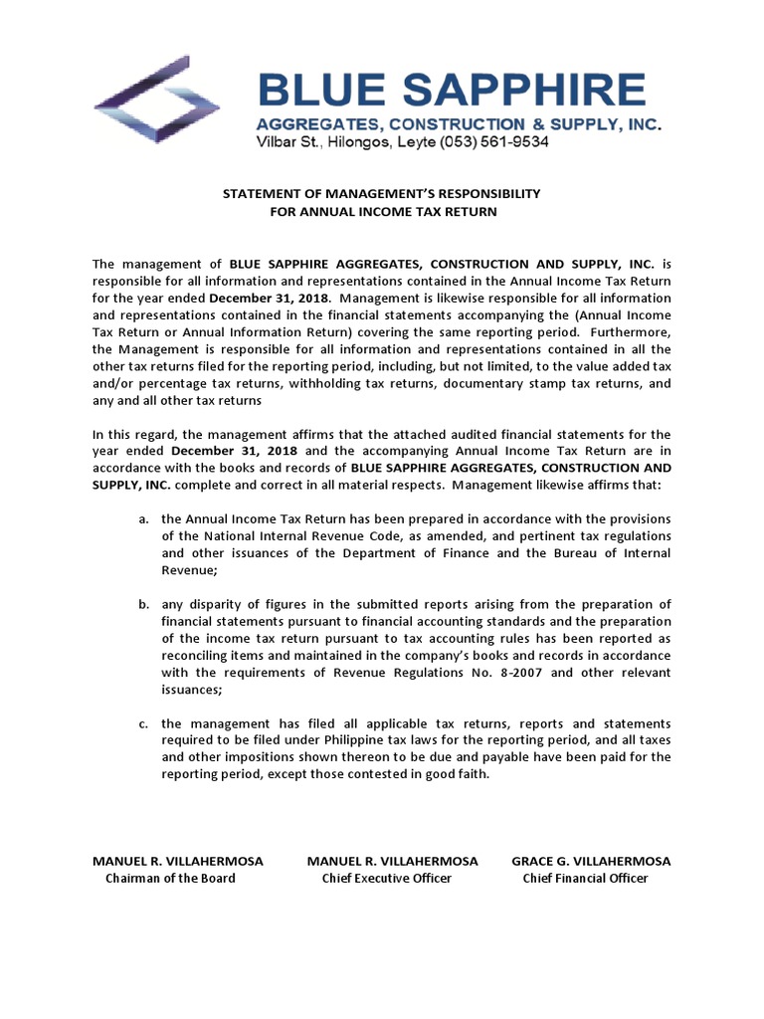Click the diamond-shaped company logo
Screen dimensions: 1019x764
tap(157, 100)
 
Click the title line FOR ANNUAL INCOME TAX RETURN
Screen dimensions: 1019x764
tap(383, 211)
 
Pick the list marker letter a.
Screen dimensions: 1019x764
tap(143, 519)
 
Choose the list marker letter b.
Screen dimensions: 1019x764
tap(143, 604)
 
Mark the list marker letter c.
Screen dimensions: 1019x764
tap(143, 723)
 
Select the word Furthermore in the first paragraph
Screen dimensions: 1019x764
tap(634, 332)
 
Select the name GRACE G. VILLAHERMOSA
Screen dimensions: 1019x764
tap(591, 861)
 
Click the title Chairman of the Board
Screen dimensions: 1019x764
tap(170, 879)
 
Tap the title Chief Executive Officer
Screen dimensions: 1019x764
tap(386, 879)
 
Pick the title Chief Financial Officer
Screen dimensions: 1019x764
tap(585, 879)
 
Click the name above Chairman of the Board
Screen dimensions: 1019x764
tap(177, 861)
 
